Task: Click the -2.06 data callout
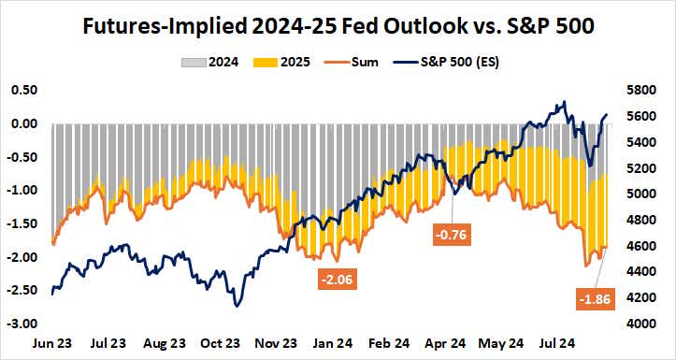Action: [336, 279]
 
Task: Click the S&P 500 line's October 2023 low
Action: [238, 306]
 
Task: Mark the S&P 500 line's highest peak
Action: [563, 103]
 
